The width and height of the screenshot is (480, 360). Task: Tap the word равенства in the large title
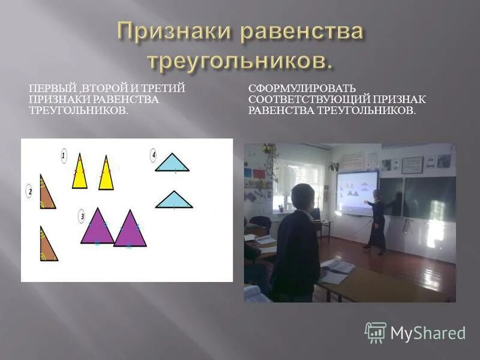(302, 32)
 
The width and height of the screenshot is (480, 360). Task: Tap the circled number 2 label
(29, 191)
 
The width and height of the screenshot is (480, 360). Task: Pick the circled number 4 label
(154, 156)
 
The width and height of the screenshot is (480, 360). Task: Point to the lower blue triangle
(174, 202)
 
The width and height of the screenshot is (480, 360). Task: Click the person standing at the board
(377, 221)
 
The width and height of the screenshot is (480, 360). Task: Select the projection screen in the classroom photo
(356, 193)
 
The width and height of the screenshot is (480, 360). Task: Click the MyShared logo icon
(376, 332)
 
